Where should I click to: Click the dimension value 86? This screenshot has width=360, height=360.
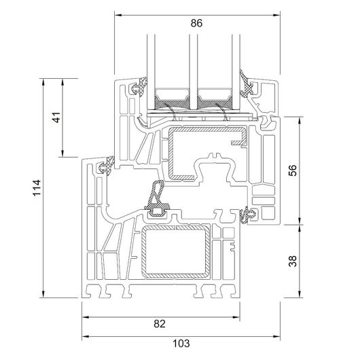[x=196, y=23]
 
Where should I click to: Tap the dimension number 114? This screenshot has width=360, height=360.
[x=37, y=187]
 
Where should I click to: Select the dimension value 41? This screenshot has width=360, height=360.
[x=56, y=118]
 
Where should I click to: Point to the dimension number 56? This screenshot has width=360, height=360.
[x=293, y=170]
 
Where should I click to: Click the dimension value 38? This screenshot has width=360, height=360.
[x=293, y=262]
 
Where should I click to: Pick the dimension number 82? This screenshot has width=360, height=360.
[x=160, y=324]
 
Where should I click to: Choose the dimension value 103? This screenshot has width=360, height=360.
[x=181, y=344]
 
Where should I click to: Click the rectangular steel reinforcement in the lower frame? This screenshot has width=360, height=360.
[x=176, y=252]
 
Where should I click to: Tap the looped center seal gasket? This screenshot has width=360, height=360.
[x=157, y=198]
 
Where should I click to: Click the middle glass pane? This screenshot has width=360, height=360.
[x=194, y=72]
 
